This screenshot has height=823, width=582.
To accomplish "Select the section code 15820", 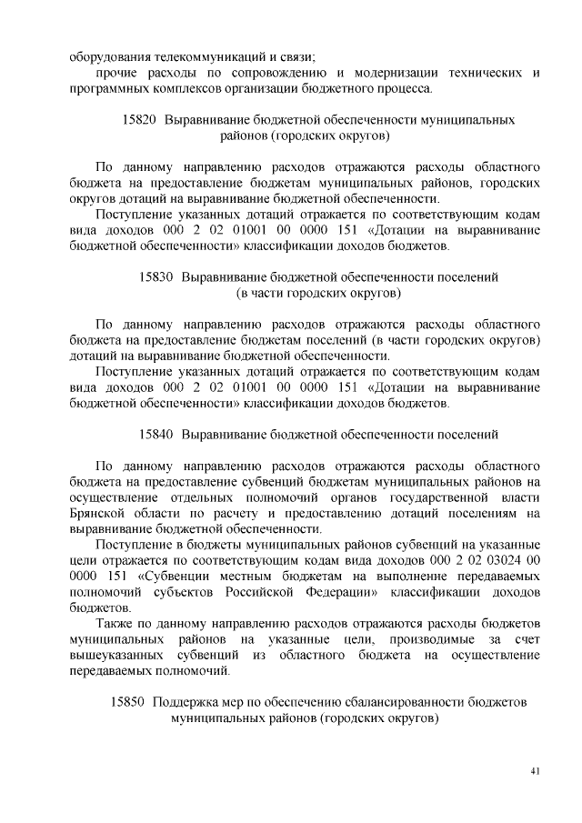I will pos(139,119).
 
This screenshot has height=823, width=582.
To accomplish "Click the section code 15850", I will pos(127,702).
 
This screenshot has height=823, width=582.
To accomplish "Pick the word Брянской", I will pos(96,513).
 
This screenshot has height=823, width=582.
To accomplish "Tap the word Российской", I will pos(261,591).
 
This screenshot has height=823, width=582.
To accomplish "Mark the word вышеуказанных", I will pos(115,656).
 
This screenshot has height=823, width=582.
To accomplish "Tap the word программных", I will pos(109,88).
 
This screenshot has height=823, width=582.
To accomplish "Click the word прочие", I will pos(116,73).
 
